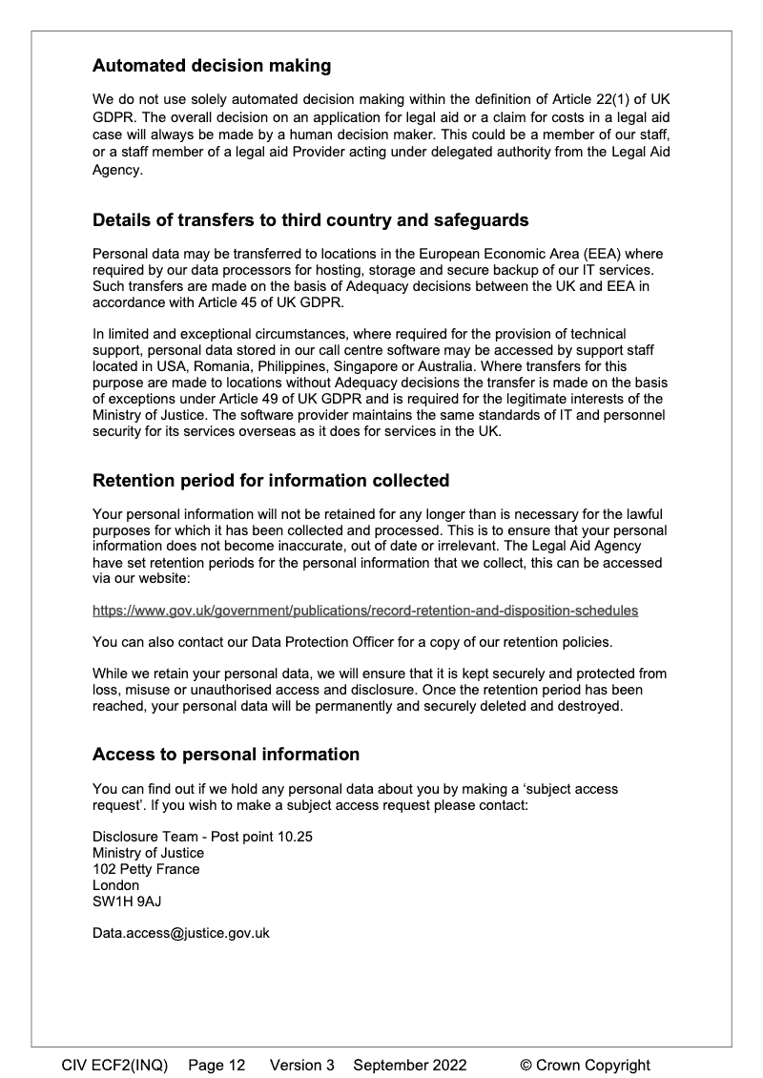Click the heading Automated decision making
coord(212,66)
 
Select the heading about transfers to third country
coord(310,220)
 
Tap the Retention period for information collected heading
coord(271,480)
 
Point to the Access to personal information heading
coord(226,755)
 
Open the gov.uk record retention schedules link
coord(365,610)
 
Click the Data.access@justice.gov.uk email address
coord(181,933)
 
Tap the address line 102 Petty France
coord(146,869)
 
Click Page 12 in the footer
coord(217,1066)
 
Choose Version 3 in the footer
coord(302,1066)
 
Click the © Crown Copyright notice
coord(585,1066)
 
